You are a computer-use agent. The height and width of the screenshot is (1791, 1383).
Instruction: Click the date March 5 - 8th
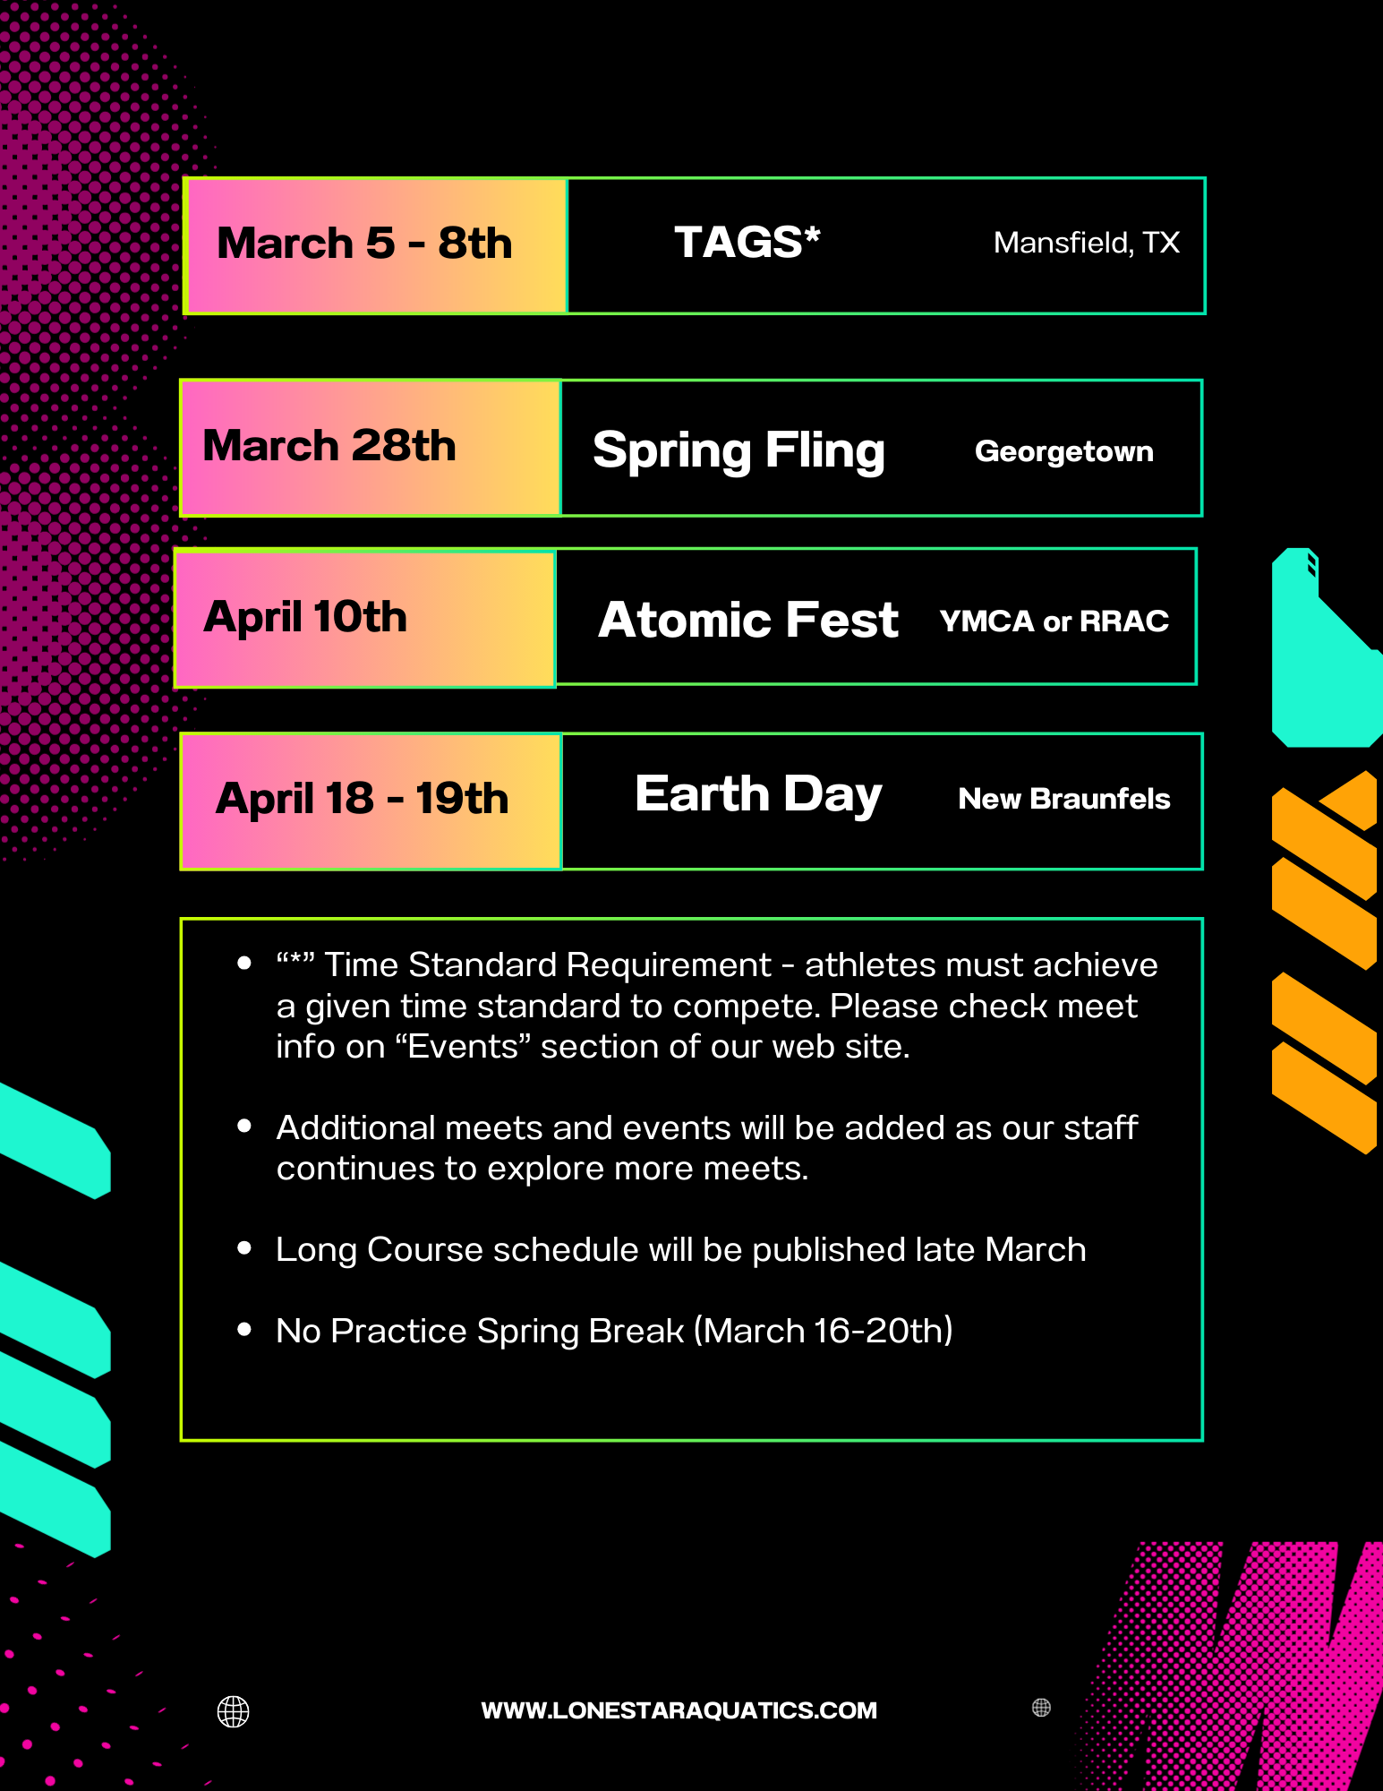364,244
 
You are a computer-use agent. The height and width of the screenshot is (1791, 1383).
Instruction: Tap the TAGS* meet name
747,242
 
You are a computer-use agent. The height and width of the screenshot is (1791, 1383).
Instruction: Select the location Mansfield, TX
1087,243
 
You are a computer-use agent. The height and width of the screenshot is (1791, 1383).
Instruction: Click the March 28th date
329,445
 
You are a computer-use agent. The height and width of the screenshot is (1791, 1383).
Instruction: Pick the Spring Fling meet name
738,450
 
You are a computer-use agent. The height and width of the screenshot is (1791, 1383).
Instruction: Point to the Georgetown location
1064,451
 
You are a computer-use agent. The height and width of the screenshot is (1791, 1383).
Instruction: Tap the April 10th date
305,617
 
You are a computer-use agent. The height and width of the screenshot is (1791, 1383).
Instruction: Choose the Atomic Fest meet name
748,620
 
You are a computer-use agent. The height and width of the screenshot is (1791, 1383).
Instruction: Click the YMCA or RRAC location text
1054,621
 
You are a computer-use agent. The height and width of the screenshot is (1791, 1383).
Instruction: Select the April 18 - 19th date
363,798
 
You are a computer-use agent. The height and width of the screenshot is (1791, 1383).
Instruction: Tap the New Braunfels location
1064,798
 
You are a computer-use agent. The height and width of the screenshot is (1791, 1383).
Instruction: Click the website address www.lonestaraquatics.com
679,1710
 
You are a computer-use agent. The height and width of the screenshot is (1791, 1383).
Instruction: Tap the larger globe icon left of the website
234,1711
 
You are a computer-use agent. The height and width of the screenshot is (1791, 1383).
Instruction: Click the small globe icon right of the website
1041,1708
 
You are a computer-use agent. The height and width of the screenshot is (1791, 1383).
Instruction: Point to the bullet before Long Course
244,1248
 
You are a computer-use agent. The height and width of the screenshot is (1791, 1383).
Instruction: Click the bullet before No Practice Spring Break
244,1330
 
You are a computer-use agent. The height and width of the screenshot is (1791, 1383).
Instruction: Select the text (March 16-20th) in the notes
824,1331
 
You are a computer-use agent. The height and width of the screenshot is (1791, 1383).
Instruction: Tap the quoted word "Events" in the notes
464,1046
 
